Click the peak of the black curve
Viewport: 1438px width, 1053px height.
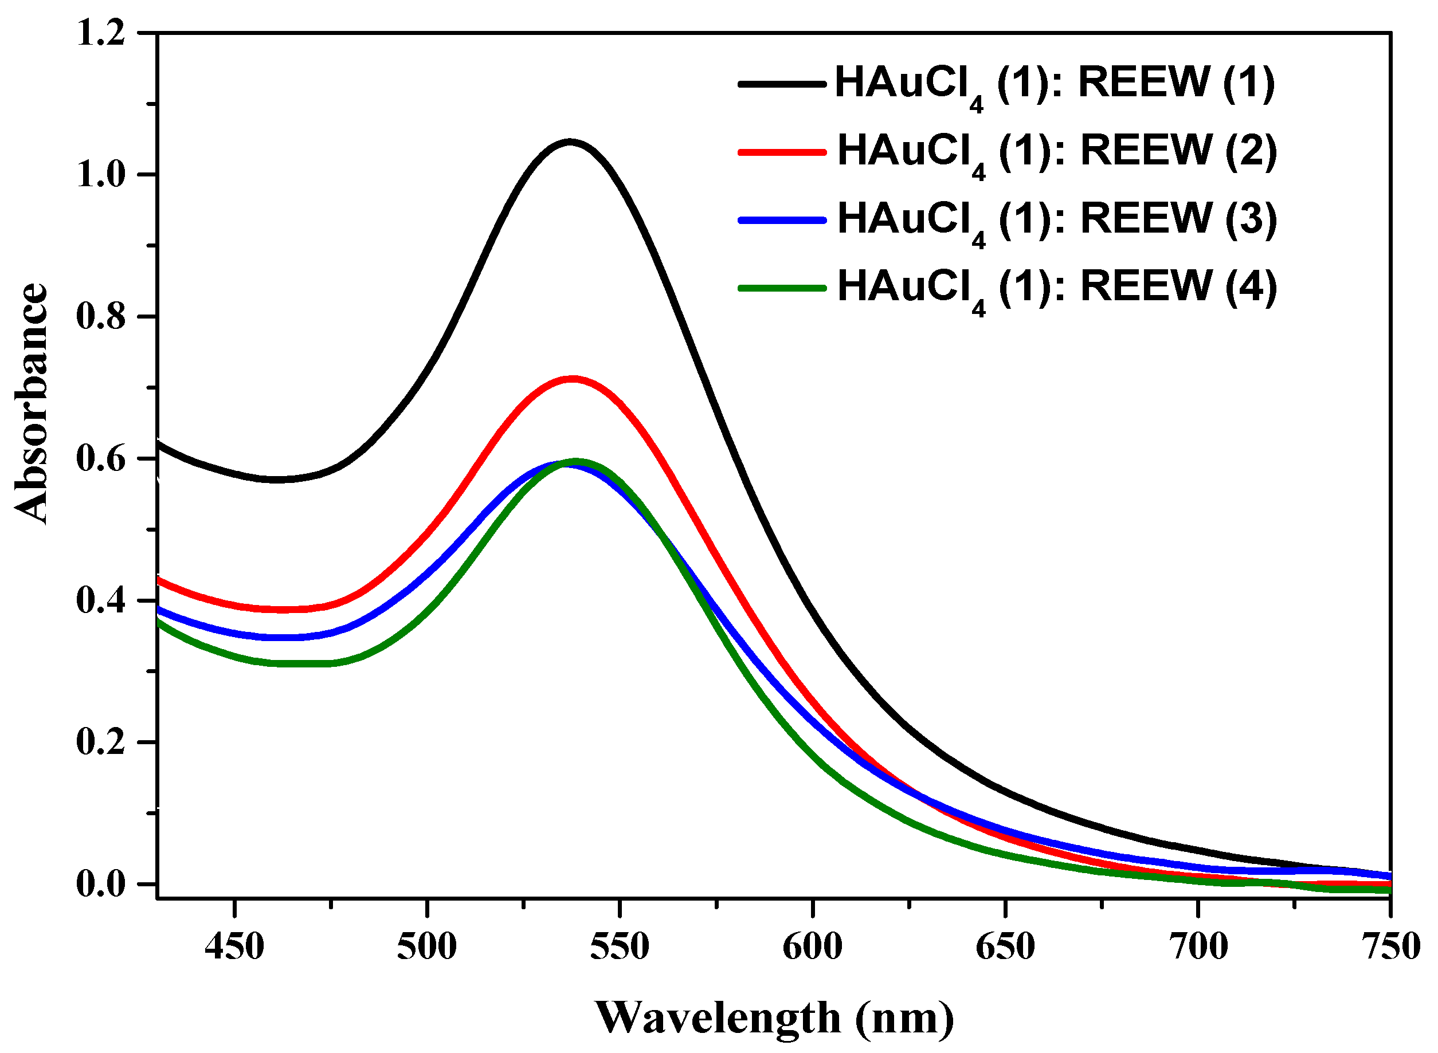tap(570, 142)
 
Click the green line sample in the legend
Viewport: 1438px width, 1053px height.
tap(782, 288)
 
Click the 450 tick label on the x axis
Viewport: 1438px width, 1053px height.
tap(234, 946)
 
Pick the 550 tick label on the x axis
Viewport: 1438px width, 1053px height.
tap(619, 946)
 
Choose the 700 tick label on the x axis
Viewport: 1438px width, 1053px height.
tap(1198, 946)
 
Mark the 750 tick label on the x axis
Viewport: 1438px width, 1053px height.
tap(1391, 946)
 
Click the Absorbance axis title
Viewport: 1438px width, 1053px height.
tap(32, 403)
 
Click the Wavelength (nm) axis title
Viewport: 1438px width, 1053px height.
tap(775, 1018)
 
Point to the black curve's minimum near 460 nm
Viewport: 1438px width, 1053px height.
tap(277, 480)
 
